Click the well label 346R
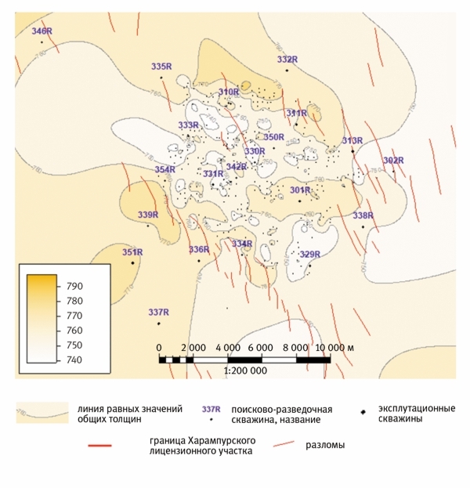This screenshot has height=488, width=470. [x=42, y=31]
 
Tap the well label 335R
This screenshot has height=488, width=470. [x=161, y=67]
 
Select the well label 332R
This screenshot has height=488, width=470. [x=287, y=60]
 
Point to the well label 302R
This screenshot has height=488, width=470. [x=392, y=161]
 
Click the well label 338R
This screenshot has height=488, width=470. [x=363, y=215]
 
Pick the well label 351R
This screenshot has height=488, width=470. [x=132, y=252]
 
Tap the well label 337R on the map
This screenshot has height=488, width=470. [x=159, y=313]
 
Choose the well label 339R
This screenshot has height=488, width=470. [x=148, y=215]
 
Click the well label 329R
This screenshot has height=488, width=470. [x=310, y=254]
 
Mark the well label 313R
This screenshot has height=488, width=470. [x=352, y=140]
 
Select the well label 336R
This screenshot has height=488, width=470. [x=199, y=249]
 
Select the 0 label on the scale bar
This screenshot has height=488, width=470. [x=159, y=347]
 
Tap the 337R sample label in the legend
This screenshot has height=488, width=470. [x=212, y=410]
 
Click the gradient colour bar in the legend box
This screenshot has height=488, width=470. [x=42, y=320]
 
